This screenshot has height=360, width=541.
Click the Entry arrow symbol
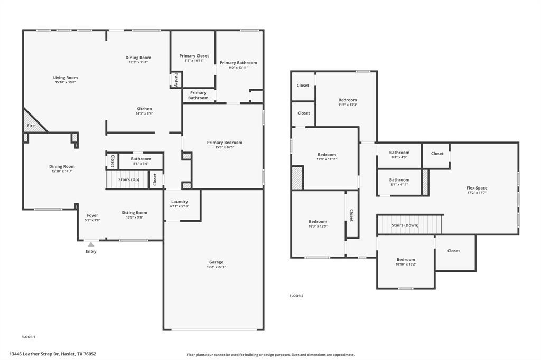[91, 244]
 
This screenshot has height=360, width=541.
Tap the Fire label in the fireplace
[31, 126]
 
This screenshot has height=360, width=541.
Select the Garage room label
[216, 262]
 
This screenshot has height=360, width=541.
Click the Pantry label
[176, 80]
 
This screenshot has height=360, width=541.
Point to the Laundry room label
[180, 202]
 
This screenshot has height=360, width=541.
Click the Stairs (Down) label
[405, 225]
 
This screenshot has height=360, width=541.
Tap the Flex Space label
[477, 188]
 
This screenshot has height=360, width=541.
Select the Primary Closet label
[194, 56]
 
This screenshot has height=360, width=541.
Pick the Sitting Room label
[134, 213]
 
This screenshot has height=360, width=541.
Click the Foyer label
[92, 215]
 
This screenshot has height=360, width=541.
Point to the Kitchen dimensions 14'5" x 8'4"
[144, 113]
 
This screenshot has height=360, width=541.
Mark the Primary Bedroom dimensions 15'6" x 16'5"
[225, 147]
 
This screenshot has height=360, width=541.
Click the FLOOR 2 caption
[296, 296]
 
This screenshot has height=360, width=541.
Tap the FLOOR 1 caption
[28, 336]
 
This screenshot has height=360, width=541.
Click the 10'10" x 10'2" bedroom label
[406, 260]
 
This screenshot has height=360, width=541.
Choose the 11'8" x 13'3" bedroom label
[348, 100]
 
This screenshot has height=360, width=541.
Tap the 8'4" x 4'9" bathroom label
[399, 153]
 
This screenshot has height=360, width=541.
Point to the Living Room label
[66, 78]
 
